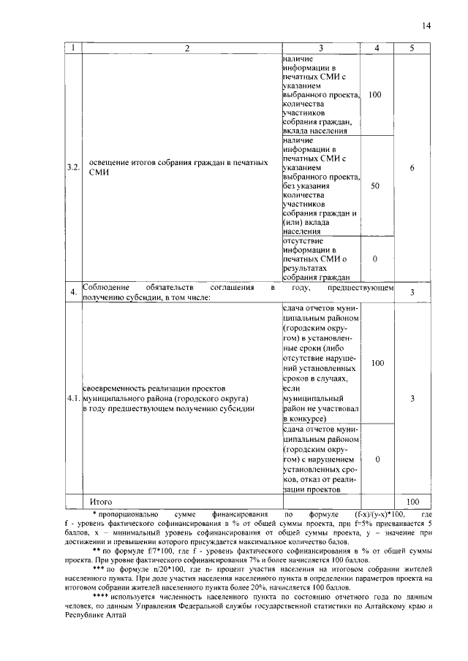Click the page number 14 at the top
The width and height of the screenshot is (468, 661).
(x=426, y=26)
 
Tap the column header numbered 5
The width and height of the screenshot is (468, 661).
(x=412, y=48)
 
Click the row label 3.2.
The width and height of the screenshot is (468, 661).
(x=72, y=168)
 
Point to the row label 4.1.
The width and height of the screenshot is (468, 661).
(x=72, y=399)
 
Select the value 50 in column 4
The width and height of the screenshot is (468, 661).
(x=375, y=186)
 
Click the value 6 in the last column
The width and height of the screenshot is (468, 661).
(x=412, y=168)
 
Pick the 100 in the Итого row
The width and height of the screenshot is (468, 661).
(x=412, y=502)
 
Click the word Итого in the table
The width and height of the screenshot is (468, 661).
(x=101, y=502)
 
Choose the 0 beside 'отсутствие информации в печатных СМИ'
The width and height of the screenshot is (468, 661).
(x=375, y=259)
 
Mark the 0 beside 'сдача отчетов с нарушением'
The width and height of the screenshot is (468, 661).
(x=375, y=460)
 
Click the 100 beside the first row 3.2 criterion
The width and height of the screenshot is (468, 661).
(x=375, y=96)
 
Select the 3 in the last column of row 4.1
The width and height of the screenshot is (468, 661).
(x=412, y=399)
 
